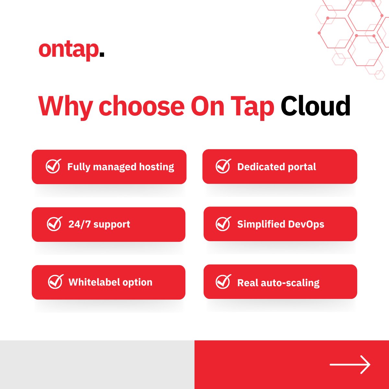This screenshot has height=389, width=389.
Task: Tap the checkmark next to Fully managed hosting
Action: pos(53,166)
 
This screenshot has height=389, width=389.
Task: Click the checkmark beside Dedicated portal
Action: pos(223,166)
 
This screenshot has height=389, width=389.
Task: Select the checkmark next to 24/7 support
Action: pos(54,224)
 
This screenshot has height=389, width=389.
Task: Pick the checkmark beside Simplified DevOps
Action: pos(223,224)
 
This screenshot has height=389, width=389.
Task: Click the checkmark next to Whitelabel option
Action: pos(55,282)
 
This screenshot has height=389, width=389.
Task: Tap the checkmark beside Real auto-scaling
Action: pos(223,282)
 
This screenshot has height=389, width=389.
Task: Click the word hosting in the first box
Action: pos(157,167)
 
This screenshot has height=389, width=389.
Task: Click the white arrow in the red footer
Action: pos(350,364)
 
